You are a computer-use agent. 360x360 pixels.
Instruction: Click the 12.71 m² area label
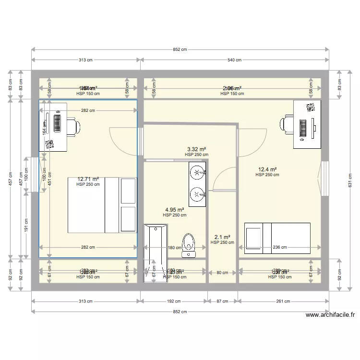click(88, 179)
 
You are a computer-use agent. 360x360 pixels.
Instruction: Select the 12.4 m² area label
click(267, 169)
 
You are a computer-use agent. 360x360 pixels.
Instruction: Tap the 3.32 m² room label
click(196, 149)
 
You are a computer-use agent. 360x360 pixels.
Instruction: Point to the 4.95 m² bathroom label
click(174, 210)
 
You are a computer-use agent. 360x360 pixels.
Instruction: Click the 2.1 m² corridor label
click(222, 237)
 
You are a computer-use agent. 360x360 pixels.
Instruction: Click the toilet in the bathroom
click(189, 242)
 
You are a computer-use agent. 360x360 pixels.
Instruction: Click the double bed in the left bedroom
click(102, 205)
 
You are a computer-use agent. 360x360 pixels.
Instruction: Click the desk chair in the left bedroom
click(73, 126)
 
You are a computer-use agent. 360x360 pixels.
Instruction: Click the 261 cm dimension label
click(283, 301)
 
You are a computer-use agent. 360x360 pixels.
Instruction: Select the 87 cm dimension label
click(222, 301)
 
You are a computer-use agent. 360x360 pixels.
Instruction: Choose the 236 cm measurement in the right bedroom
click(280, 248)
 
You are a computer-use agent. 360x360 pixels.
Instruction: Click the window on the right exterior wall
click(324, 179)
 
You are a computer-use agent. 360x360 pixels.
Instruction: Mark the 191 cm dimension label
click(26, 224)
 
